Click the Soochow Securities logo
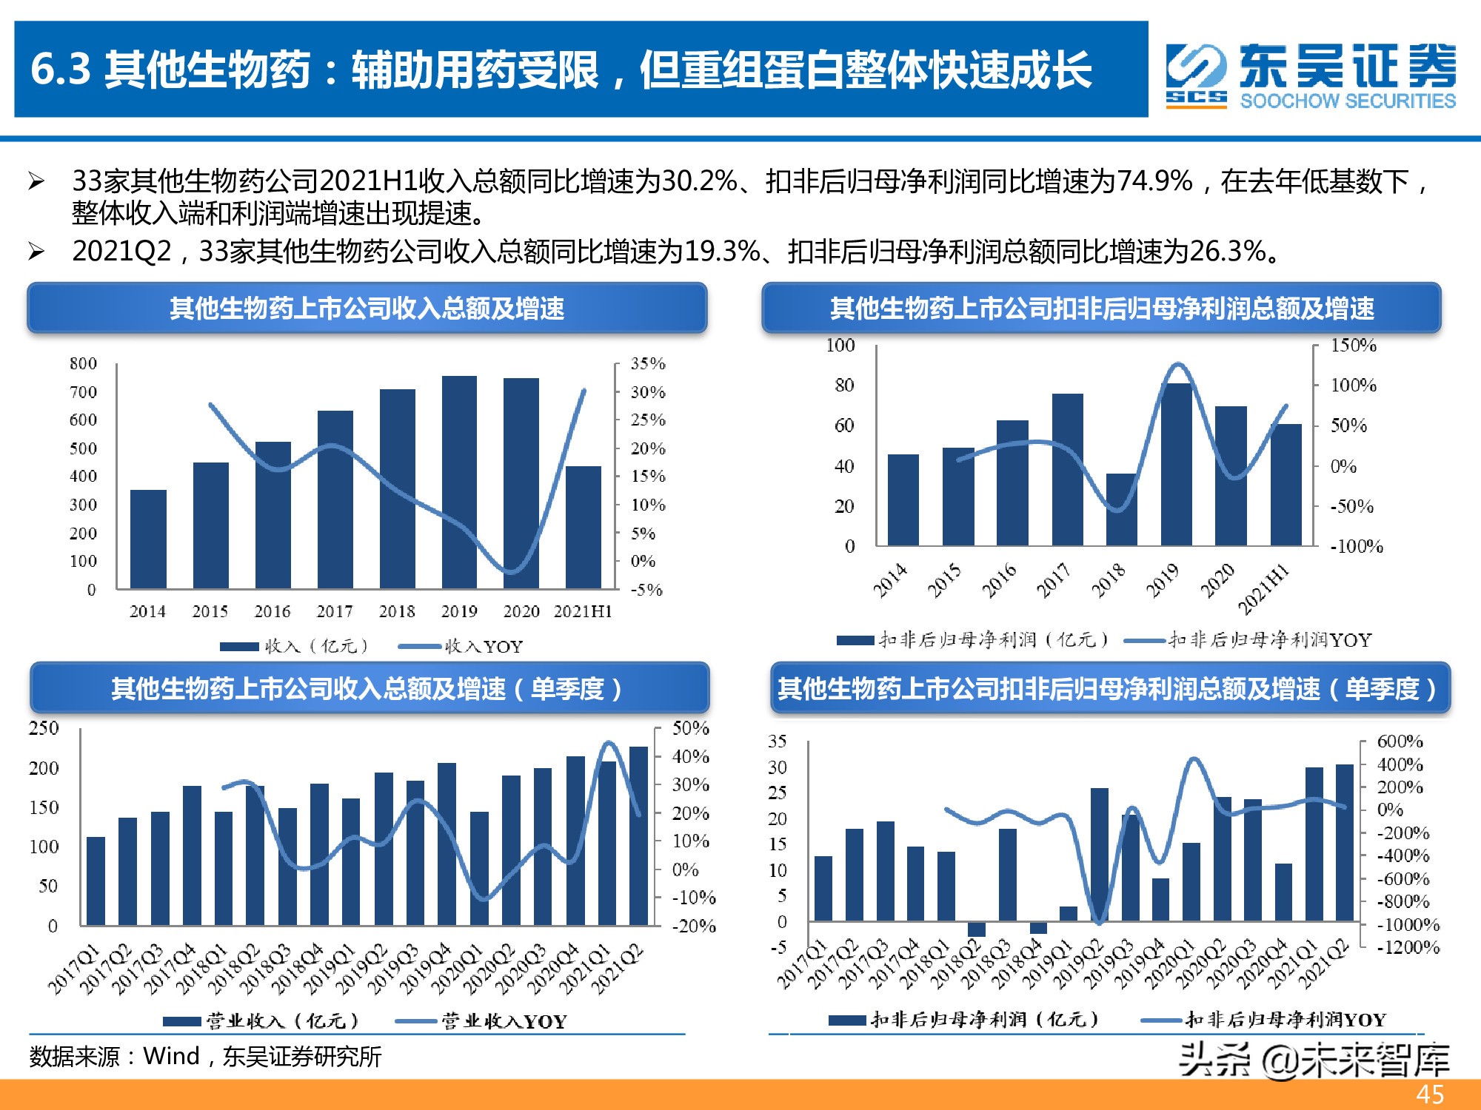pos(1310,75)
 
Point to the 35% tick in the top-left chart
pos(647,363)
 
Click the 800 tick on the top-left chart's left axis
pos(83,363)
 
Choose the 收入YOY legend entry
pos(461,646)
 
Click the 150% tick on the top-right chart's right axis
pos(1353,346)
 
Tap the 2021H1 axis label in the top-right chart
pos(1264,589)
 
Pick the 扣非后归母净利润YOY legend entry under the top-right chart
pos(1248,640)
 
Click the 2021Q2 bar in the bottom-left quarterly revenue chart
pos(638,836)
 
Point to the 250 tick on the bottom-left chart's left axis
pos(44,728)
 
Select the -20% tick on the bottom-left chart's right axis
pos(693,926)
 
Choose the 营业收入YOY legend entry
pos(482,1022)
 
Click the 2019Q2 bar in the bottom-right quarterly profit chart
pos(1100,855)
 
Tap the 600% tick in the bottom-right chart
pos(1400,741)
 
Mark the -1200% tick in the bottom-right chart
pos(1407,947)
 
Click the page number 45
pos(1429,1094)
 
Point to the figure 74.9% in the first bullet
pos(1154,181)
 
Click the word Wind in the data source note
pos(171,1056)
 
